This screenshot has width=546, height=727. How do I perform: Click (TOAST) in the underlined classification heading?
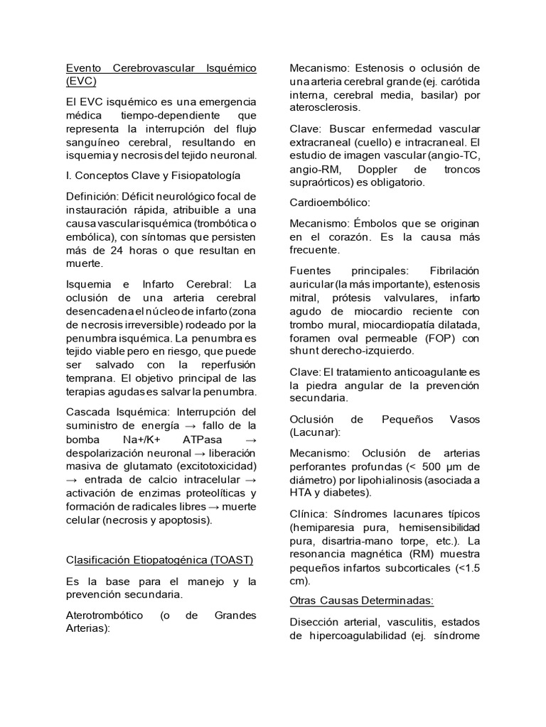tap(230, 560)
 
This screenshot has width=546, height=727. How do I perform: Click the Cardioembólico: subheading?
tap(330, 202)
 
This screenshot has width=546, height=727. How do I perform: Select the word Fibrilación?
tap(454, 270)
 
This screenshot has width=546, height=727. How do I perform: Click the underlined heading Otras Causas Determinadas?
tap(362, 601)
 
